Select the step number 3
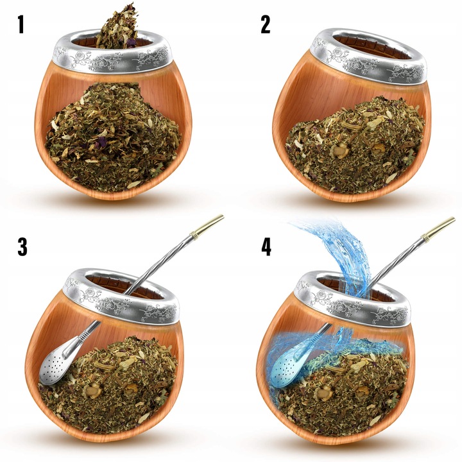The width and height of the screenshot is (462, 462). (x=22, y=247)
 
